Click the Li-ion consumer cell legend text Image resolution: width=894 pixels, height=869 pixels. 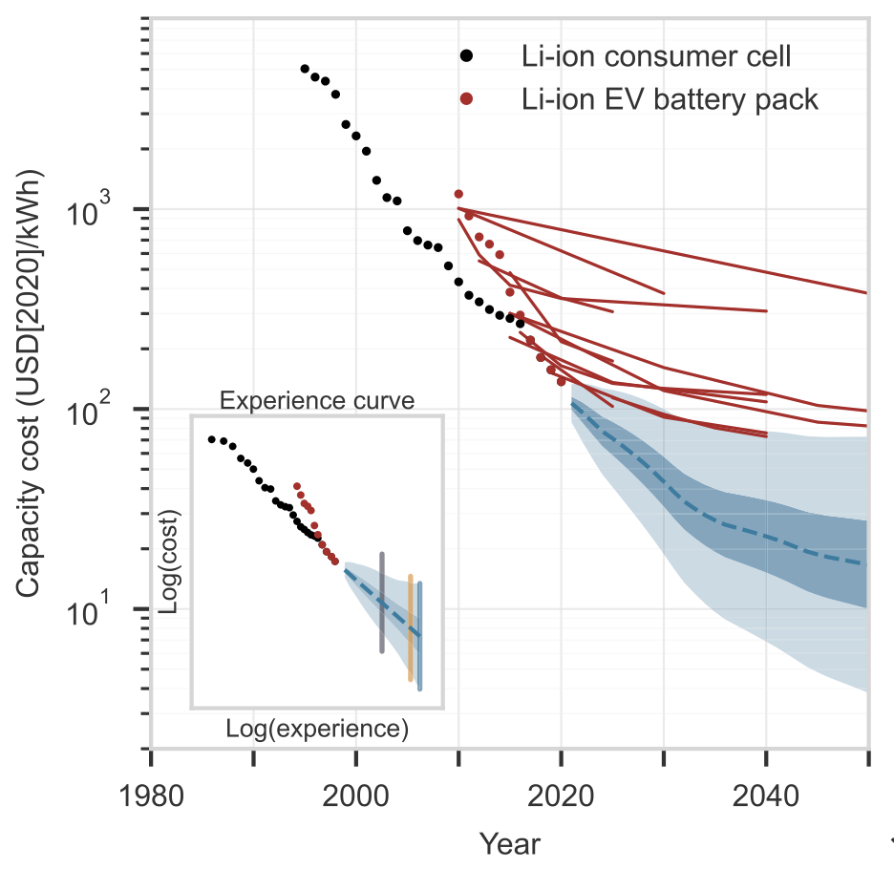tap(656, 56)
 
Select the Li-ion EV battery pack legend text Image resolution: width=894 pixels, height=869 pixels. tap(670, 98)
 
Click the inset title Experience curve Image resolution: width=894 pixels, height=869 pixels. tap(317, 400)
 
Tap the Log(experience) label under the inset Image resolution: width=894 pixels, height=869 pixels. tap(317, 729)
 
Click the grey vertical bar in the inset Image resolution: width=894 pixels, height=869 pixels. tap(382, 602)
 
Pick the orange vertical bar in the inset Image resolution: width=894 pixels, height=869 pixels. tap(411, 627)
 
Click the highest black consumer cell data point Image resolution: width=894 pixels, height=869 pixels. tap(305, 69)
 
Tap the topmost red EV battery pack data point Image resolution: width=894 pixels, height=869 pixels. tap(458, 194)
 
